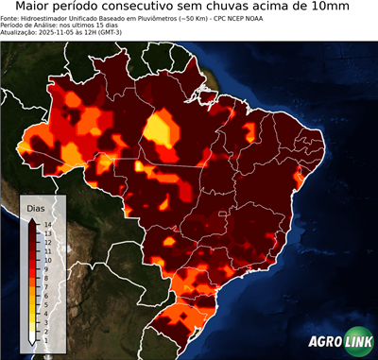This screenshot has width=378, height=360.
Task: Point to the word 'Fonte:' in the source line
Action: [12, 18]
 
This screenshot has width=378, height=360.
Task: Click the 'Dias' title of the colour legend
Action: [36, 206]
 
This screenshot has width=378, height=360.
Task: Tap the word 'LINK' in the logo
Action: [354, 343]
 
